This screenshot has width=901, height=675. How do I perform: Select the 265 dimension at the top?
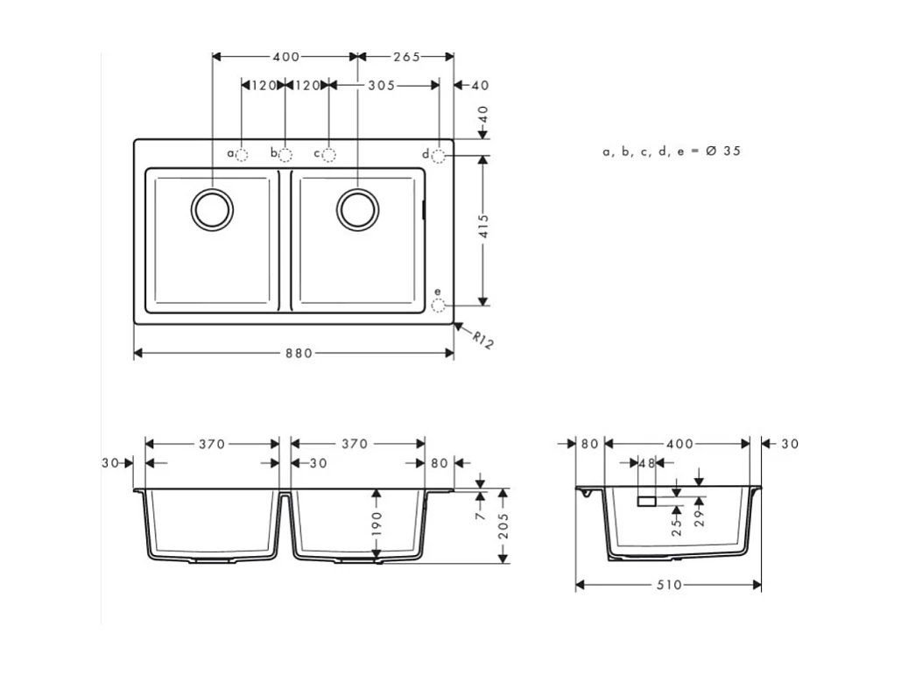(405, 57)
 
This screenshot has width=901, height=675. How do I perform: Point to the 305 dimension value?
(380, 86)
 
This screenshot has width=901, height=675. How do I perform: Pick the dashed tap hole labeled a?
(243, 155)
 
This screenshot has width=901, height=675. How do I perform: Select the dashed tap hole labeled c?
(328, 155)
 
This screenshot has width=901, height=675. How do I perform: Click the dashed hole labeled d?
(440, 156)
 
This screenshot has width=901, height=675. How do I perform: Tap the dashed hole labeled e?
(440, 306)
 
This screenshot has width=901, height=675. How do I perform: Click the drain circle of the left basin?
(213, 209)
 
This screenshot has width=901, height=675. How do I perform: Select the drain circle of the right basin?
(358, 209)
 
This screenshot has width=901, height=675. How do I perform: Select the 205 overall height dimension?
(503, 525)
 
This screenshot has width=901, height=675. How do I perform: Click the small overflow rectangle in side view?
(647, 501)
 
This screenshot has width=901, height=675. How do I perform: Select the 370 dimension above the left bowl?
(211, 444)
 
